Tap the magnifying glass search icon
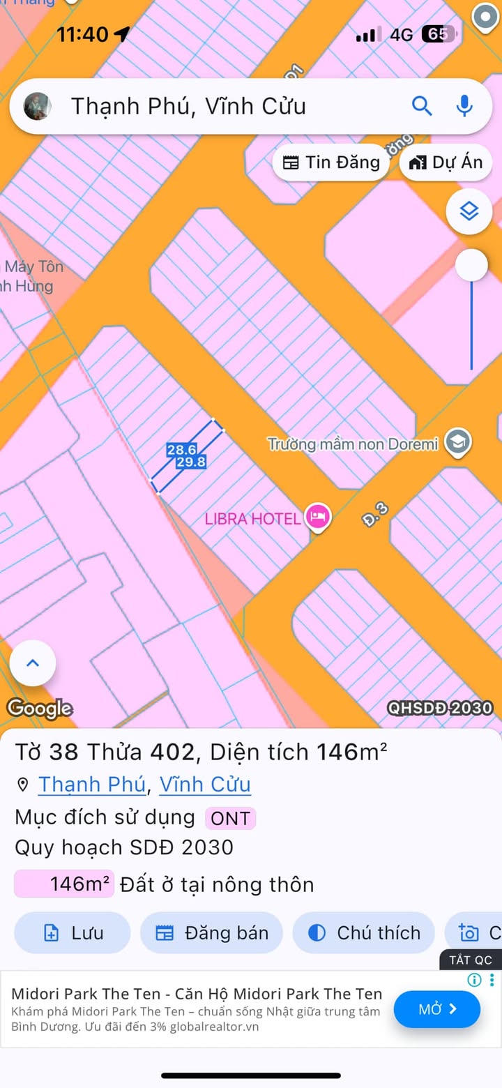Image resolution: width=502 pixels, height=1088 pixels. pyautogui.click(x=422, y=106)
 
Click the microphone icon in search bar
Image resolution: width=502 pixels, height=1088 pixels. pyautogui.click(x=464, y=106)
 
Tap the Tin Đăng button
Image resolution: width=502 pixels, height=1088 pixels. pyautogui.click(x=331, y=163)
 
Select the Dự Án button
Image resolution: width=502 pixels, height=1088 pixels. pyautogui.click(x=446, y=163)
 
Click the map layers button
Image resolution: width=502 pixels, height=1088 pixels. pyautogui.click(x=469, y=211)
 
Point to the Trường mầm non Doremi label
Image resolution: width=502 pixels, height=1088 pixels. pyautogui.click(x=353, y=444)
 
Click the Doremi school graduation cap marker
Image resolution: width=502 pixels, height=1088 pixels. pyautogui.click(x=458, y=442)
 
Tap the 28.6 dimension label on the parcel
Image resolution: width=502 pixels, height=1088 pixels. pyautogui.click(x=181, y=450)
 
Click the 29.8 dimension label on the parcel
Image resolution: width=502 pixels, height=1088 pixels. pyautogui.click(x=191, y=462)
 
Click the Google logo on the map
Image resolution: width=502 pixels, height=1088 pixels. pyautogui.click(x=40, y=709)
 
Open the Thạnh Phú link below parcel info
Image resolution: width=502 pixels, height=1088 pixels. pyautogui.click(x=91, y=785)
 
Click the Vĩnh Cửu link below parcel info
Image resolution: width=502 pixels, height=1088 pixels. pyautogui.click(x=205, y=785)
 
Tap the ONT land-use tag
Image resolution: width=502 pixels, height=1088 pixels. pyautogui.click(x=230, y=818)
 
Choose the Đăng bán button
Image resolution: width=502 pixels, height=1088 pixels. pyautogui.click(x=211, y=932)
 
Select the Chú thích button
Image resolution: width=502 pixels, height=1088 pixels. pyautogui.click(x=363, y=932)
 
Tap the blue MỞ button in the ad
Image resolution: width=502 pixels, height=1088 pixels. pyautogui.click(x=437, y=1009)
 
